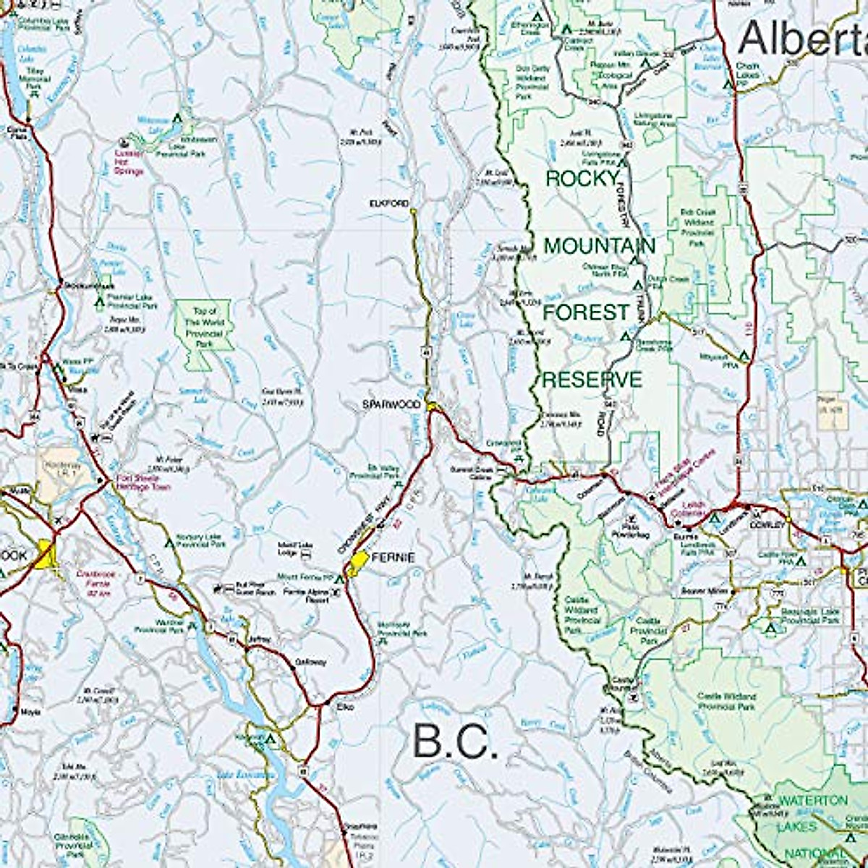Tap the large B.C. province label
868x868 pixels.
click(x=456, y=742)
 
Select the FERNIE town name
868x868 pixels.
click(x=395, y=558)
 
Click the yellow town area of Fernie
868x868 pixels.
click(x=357, y=563)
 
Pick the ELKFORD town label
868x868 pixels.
click(x=389, y=203)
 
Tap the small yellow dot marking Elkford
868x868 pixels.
click(x=412, y=211)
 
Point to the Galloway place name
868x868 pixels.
click(x=310, y=662)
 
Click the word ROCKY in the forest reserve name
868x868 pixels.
click(x=582, y=179)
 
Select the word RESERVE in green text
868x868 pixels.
click(x=592, y=380)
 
